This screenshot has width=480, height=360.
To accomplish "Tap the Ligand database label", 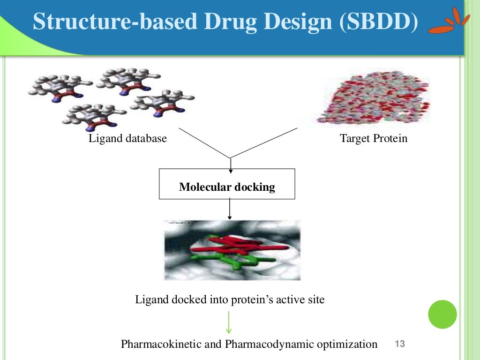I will (x=127, y=139).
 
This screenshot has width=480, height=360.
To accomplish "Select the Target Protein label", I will (x=373, y=139).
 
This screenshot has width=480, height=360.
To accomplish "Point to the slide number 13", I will (x=400, y=345).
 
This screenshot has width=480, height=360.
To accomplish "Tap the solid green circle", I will (x=442, y=314).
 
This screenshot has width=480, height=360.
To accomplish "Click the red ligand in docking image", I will (x=239, y=244).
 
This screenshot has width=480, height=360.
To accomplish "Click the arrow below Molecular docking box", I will (x=229, y=209).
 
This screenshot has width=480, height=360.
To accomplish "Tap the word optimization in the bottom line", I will (x=347, y=345).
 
